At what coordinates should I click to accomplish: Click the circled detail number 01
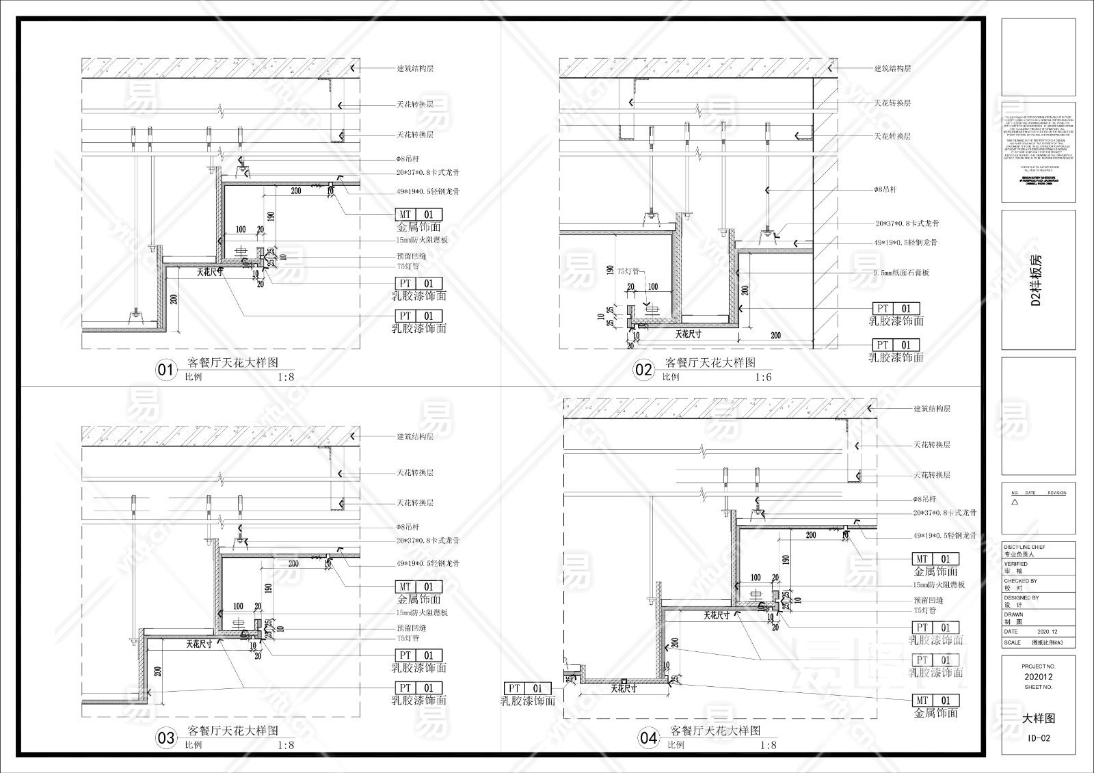(x=166, y=370)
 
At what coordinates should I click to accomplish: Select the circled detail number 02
(x=643, y=370)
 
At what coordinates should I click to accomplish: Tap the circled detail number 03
(x=166, y=738)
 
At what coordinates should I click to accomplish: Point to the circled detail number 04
(x=648, y=738)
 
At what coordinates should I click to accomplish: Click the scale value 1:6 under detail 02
(x=763, y=377)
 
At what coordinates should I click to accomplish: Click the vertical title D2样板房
(x=1037, y=280)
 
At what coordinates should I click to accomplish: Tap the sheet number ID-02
(x=1039, y=738)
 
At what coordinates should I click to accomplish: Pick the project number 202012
(x=1038, y=677)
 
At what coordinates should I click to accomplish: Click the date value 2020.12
(x=1047, y=632)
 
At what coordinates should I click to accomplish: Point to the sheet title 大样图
(x=1039, y=718)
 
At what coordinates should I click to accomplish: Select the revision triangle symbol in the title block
(x=1015, y=502)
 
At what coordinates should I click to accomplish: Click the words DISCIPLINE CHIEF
(x=1024, y=547)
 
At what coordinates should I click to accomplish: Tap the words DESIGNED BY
(x=1021, y=598)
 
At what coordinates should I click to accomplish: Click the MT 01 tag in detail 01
(x=418, y=215)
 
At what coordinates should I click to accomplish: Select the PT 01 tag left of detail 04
(x=527, y=688)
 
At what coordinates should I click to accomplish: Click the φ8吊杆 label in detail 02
(x=886, y=189)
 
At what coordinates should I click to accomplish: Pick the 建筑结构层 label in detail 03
(x=415, y=437)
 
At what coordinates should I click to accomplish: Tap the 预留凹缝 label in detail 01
(x=412, y=256)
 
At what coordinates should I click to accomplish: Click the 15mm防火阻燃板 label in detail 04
(x=939, y=585)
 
